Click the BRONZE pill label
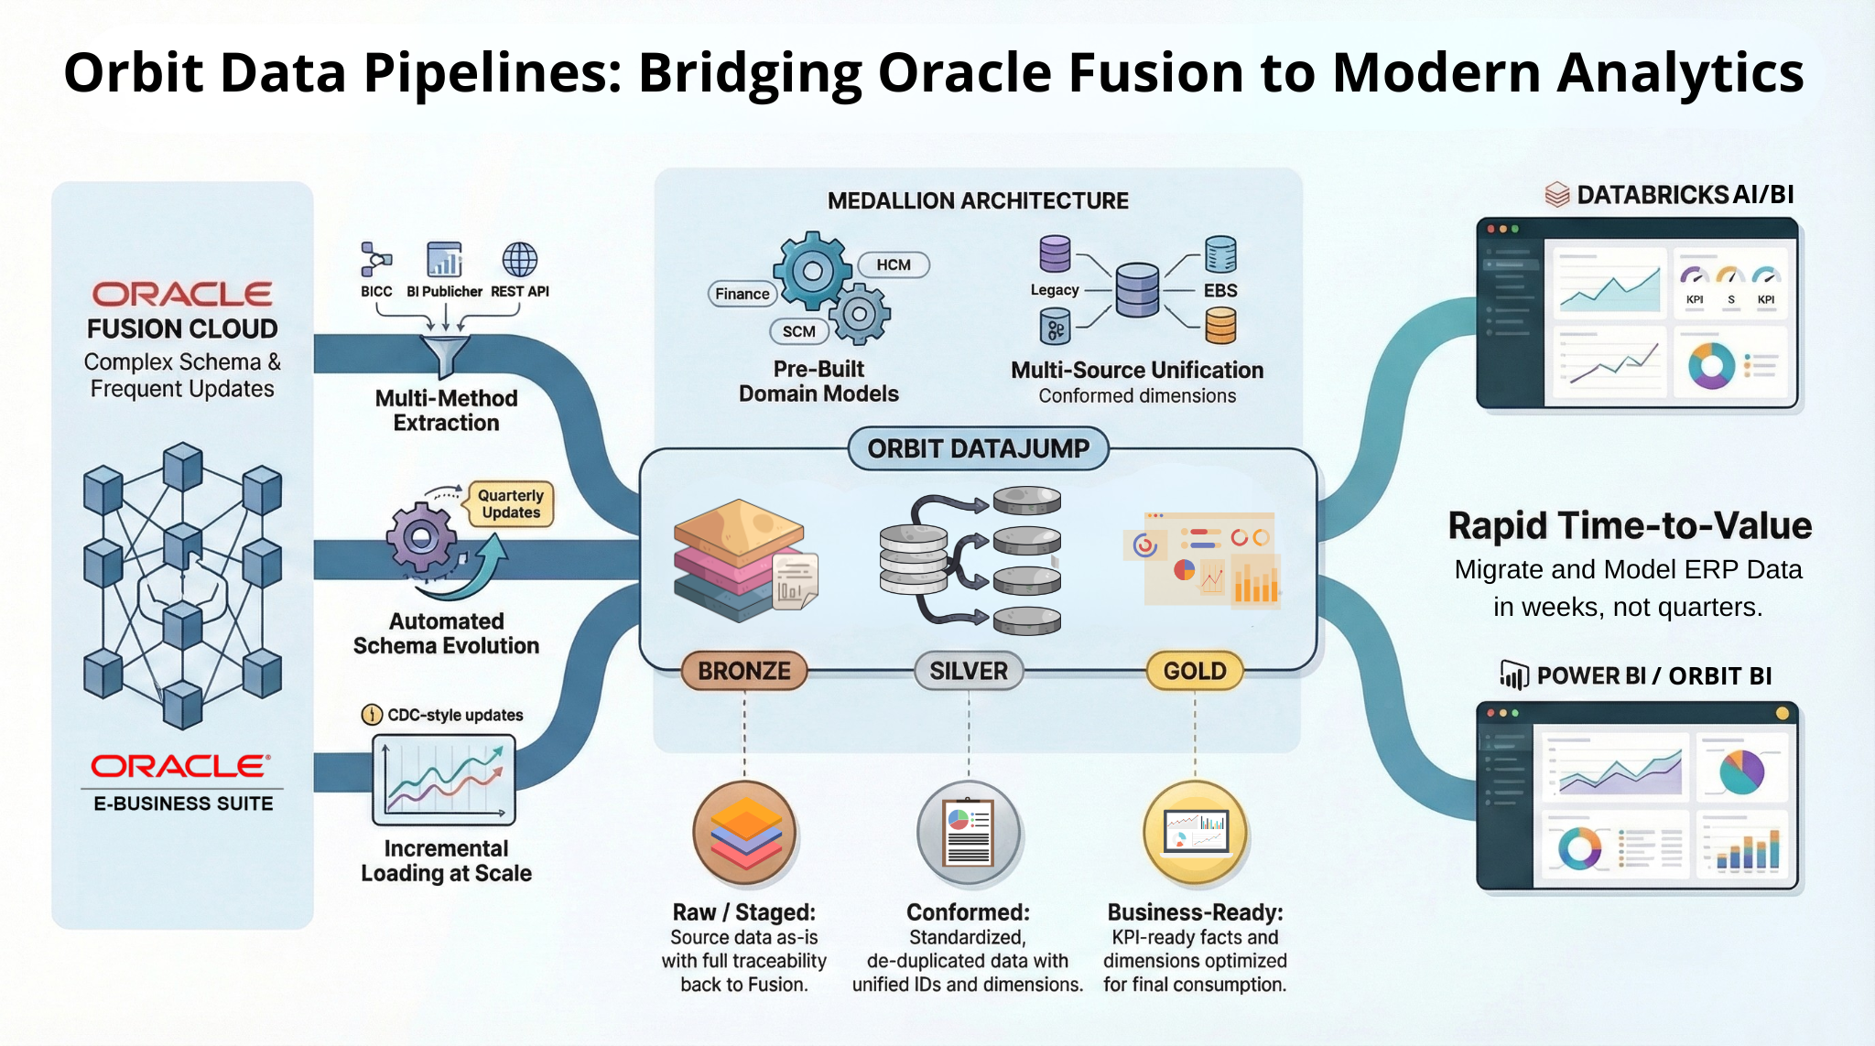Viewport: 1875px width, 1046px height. [743, 671]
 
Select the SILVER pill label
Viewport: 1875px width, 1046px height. [969, 671]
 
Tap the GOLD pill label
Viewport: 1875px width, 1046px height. [1195, 671]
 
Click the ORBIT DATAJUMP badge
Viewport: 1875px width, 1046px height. [979, 448]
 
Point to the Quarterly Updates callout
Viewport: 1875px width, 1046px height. [511, 504]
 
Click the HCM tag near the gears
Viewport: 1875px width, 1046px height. [894, 264]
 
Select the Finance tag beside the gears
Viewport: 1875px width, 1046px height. [742, 294]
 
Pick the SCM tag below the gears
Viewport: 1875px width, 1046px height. [798, 331]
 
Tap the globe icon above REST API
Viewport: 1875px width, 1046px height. [520, 260]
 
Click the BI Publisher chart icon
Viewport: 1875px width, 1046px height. [444, 260]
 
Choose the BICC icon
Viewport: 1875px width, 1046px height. [375, 260]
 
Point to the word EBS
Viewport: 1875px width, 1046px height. [1220, 290]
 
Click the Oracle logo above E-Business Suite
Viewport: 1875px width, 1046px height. [180, 766]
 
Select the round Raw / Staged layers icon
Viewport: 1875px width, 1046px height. [745, 833]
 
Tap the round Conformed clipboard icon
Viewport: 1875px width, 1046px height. [969, 833]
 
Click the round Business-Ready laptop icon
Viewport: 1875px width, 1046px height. [1195, 833]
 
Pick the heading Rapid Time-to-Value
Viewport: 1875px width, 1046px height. [1630, 525]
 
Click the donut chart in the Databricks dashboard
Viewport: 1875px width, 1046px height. [1711, 365]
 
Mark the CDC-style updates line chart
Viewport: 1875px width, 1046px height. [444, 780]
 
